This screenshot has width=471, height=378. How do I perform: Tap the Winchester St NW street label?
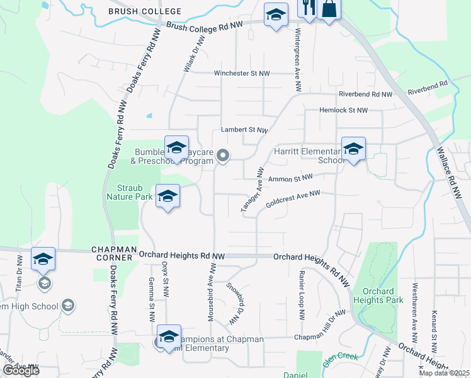coord(242,74)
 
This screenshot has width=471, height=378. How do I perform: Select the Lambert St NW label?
coord(244,130)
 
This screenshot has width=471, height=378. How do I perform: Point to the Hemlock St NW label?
coord(344,111)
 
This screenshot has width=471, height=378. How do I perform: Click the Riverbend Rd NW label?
coord(365,94)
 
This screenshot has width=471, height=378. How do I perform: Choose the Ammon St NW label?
coord(290,179)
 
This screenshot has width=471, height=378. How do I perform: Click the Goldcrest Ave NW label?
coord(293,200)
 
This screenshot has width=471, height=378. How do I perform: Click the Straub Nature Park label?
coord(135,192)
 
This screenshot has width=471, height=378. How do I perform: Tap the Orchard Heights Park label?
coord(378,295)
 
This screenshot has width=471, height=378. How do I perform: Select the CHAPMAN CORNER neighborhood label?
coord(113,253)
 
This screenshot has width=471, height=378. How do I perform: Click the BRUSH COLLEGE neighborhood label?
coord(145,11)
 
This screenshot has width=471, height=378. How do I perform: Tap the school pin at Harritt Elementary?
coord(353,149)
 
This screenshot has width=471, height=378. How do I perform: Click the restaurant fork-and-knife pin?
coord(307,9)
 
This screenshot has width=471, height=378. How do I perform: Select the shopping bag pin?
coord(329,9)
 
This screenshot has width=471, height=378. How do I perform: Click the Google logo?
coord(21,370)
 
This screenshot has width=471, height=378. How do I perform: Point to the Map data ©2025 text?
coord(443,373)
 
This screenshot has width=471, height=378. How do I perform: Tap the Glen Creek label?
coord(340,357)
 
